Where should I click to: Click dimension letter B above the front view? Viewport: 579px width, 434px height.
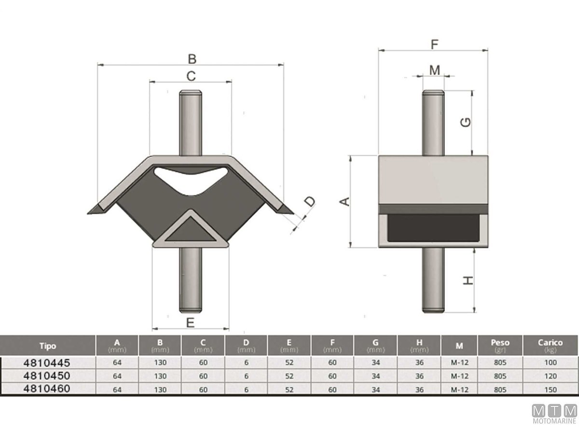pos(192,59)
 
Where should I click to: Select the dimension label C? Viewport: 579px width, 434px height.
pos(191,76)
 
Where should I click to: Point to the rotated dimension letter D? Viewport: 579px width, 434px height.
pos(309,202)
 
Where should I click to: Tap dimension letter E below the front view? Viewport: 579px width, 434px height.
pos(190,323)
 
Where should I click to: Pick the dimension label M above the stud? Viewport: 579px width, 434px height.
pos(435,70)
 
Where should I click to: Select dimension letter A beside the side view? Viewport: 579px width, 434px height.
pos(345,202)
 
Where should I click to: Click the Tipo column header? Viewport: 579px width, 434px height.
pos(48,346)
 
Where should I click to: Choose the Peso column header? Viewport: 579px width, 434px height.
pos(500,345)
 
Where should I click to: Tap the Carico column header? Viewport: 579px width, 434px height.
pos(550,345)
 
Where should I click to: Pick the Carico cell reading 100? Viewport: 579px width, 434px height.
pos(550,363)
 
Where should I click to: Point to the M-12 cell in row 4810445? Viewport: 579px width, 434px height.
pos(459,363)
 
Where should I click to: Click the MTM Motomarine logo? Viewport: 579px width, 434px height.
pos(554,415)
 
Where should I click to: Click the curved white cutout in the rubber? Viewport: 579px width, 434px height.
pos(191,178)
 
